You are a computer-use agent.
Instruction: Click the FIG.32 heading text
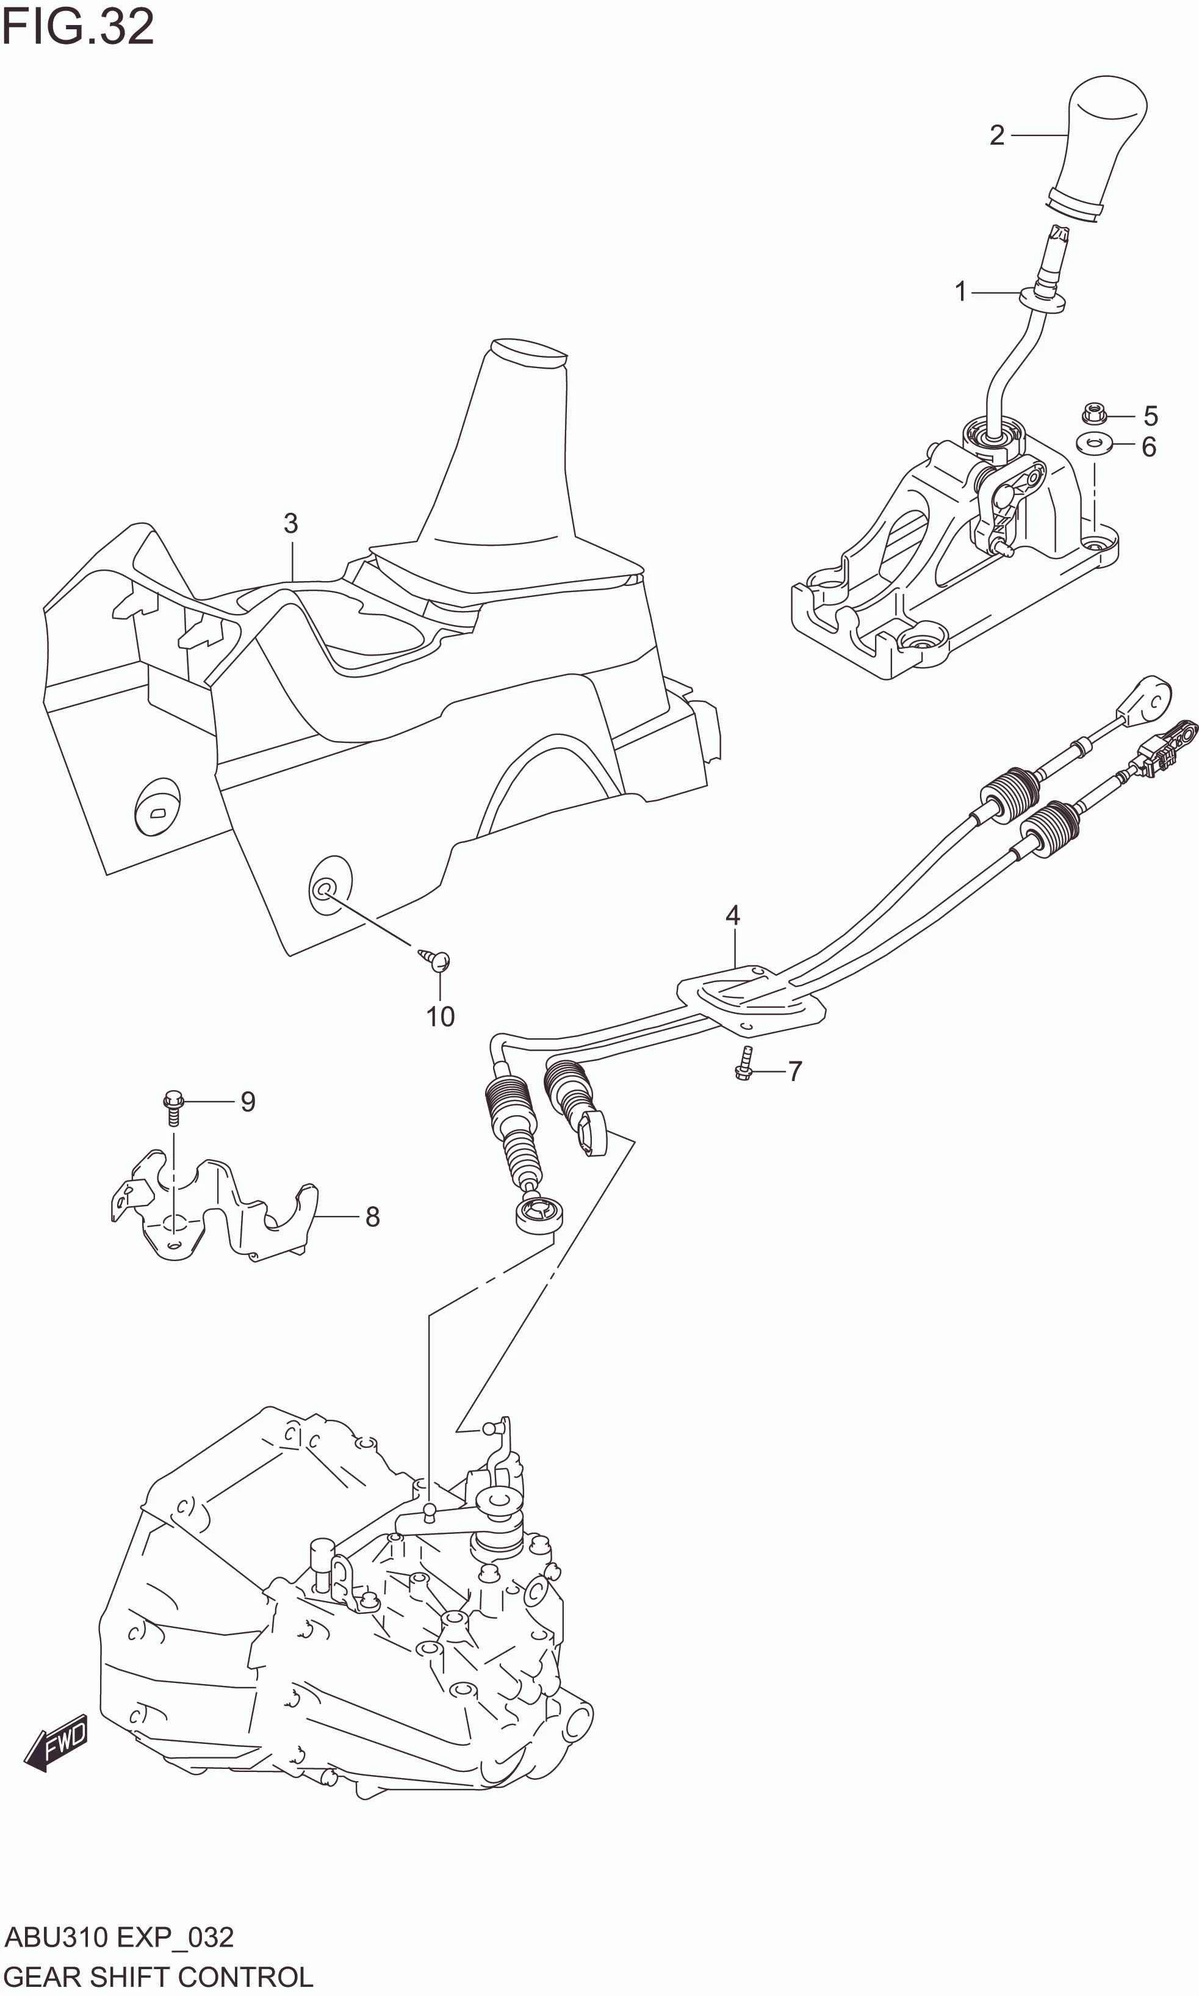coord(77,27)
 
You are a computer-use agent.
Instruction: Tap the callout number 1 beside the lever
coord(960,292)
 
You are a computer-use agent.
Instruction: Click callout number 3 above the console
coord(291,524)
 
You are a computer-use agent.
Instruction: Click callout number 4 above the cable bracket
coord(732,916)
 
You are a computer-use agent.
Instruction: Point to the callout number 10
coord(441,1016)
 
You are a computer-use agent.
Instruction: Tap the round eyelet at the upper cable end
coord(1151,696)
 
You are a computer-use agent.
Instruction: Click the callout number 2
coord(997,136)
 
